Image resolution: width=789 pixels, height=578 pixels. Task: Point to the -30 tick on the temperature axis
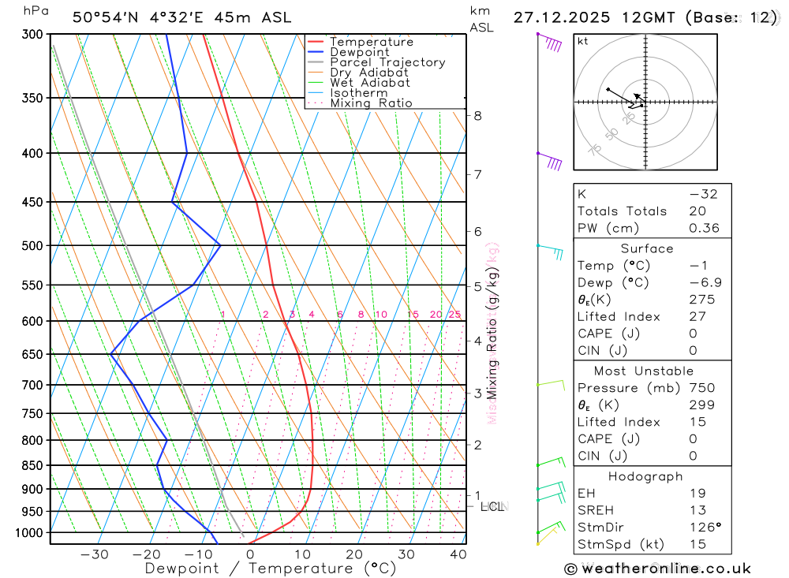pos(95,554)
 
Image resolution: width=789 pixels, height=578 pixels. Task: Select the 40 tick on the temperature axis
pos(458,554)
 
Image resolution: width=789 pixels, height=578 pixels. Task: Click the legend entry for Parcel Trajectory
pos(387,62)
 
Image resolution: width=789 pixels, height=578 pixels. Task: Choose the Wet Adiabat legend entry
pos(370,83)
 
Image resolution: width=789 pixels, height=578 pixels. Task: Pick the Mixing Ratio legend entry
pos(371,103)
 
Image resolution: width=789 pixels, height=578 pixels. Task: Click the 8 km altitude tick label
pos(478,116)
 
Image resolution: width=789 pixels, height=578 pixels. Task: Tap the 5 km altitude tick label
pos(478,286)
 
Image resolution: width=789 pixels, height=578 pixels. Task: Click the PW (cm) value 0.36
pos(704,229)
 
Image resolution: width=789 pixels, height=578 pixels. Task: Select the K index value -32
pos(704,194)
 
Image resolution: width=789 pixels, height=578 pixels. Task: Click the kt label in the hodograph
pos(583,41)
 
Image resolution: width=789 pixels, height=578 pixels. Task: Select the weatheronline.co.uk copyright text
pos(657,569)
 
